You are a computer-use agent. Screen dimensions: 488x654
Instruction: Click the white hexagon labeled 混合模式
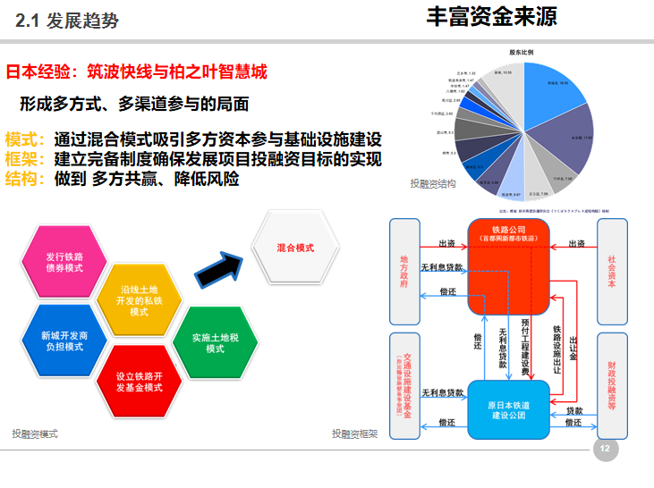(x=295, y=247)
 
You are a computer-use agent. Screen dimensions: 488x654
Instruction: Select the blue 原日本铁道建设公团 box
(x=507, y=409)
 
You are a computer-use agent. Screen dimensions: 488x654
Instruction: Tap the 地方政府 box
(x=404, y=270)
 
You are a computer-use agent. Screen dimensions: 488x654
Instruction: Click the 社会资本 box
(x=611, y=270)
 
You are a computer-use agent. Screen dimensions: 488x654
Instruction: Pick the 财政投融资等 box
(x=611, y=385)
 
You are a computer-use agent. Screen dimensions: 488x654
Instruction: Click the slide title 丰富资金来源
(x=491, y=17)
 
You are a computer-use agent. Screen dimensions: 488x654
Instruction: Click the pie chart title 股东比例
(x=522, y=53)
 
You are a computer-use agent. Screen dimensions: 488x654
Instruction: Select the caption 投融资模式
(x=34, y=433)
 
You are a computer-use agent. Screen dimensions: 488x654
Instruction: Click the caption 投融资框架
(x=354, y=434)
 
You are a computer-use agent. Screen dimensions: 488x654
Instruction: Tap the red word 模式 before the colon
(x=22, y=140)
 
